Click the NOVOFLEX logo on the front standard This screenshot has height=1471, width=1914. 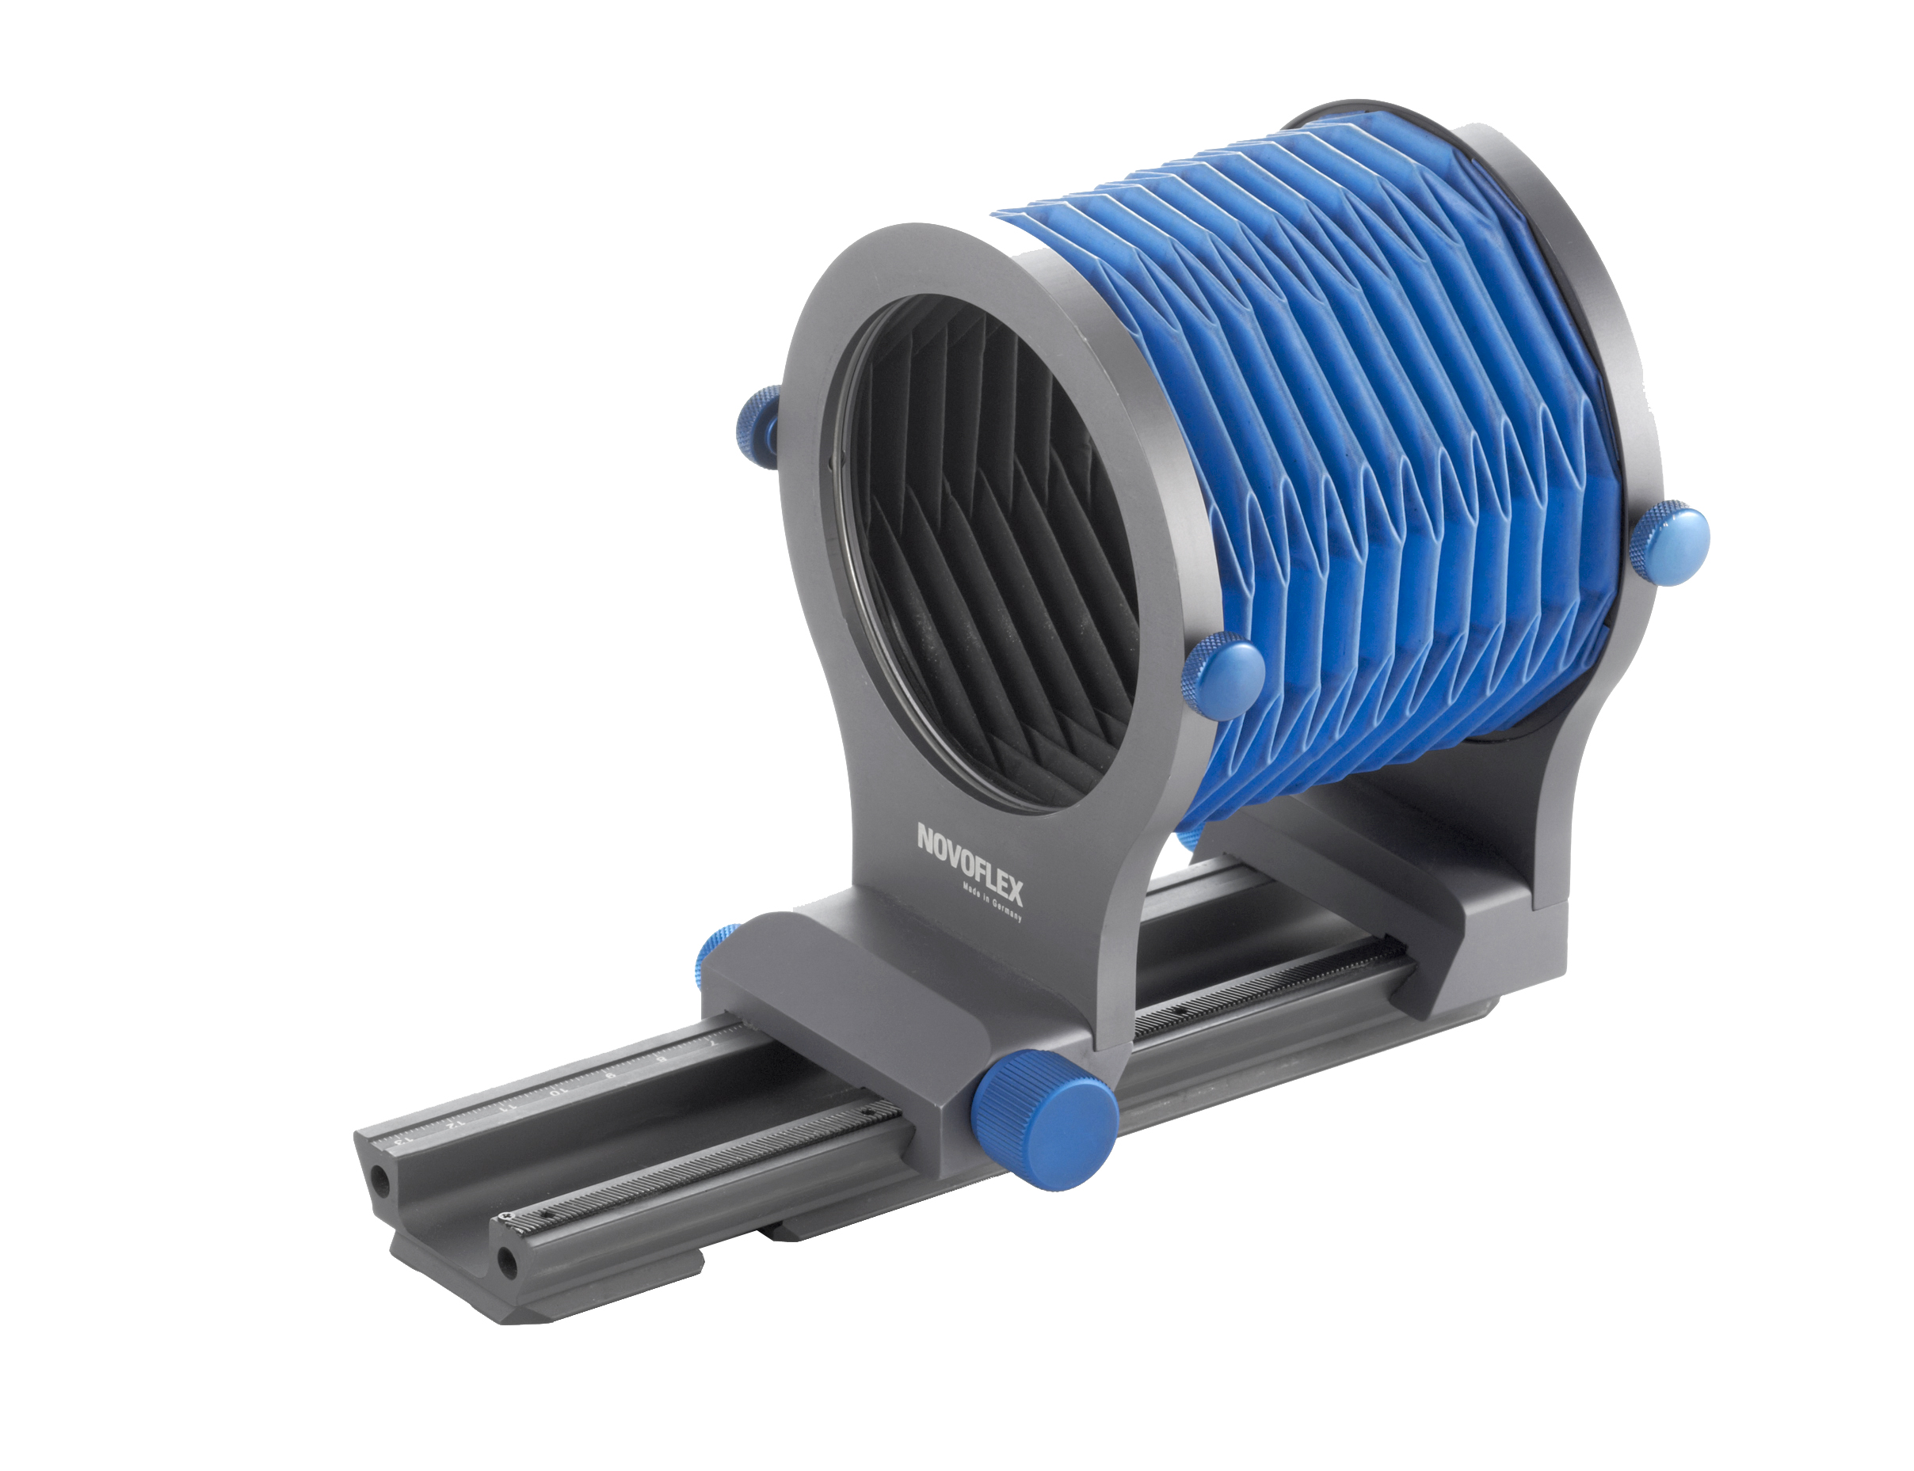click(x=969, y=862)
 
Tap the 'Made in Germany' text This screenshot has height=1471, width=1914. click(x=992, y=903)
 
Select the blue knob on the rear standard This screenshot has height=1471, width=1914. click(x=1668, y=543)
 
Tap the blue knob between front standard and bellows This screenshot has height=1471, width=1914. click(x=1225, y=675)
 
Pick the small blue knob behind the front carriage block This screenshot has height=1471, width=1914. click(x=712, y=954)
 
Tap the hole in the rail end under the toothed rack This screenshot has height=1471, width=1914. click(x=505, y=1262)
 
